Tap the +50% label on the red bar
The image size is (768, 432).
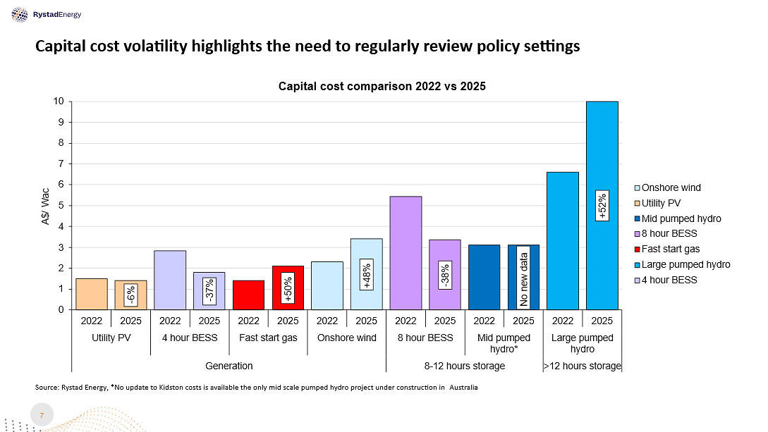click(288, 288)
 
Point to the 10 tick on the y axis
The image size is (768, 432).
click(59, 101)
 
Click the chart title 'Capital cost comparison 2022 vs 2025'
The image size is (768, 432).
click(382, 86)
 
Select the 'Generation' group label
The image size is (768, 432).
click(228, 366)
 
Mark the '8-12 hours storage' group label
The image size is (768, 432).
click(464, 366)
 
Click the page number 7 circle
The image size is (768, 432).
click(42, 416)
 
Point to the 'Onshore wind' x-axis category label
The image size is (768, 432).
click(346, 338)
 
